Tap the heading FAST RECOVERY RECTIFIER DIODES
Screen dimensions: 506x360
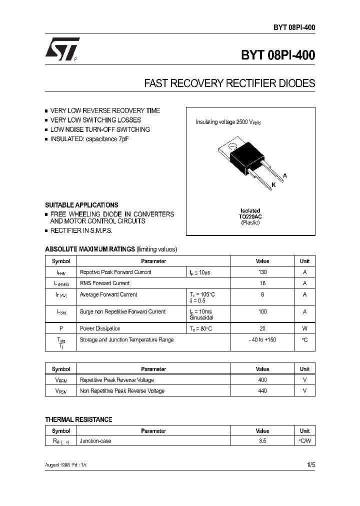(229, 83)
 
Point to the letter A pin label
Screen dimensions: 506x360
(284, 175)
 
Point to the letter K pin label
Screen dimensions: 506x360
(273, 185)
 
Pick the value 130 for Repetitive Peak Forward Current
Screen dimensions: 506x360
(262, 272)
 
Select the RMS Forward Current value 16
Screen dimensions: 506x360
(262, 283)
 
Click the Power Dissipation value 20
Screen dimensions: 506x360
(262, 328)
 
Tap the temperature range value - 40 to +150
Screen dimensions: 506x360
(262, 340)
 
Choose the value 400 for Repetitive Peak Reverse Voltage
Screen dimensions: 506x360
(262, 380)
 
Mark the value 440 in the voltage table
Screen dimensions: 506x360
(262, 391)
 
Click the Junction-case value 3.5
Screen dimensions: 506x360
(262, 441)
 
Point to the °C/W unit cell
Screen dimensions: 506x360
(304, 441)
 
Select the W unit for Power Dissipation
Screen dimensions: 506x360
(304, 328)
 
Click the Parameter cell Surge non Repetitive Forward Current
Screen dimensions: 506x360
(122, 311)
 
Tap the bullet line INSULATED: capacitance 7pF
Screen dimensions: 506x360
(89, 138)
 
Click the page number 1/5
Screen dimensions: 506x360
(310, 465)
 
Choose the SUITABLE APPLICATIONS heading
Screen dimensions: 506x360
(81, 205)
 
